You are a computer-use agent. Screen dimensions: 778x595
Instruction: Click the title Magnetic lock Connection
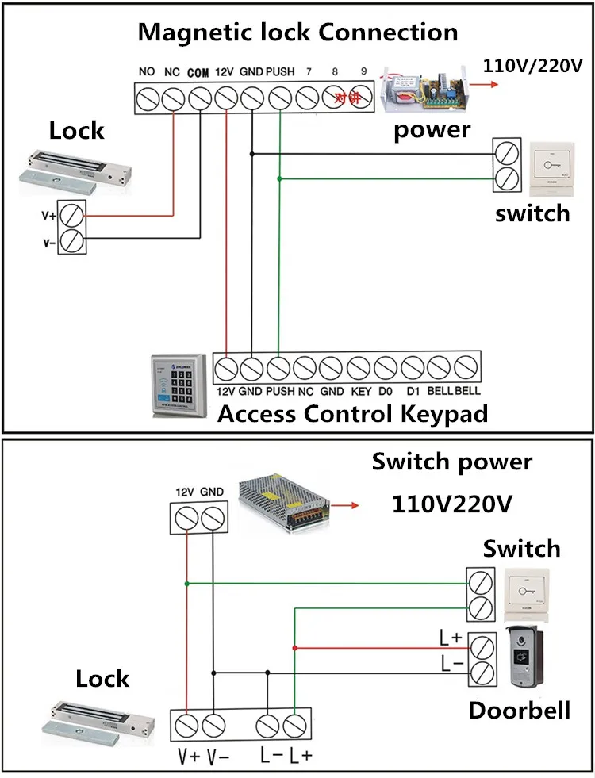pyautogui.click(x=297, y=33)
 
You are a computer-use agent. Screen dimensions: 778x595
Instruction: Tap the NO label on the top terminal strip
pyautogui.click(x=146, y=71)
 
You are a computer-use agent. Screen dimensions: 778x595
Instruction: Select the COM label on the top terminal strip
pyautogui.click(x=198, y=72)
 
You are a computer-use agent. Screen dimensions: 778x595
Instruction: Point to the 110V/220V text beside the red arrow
pyautogui.click(x=532, y=64)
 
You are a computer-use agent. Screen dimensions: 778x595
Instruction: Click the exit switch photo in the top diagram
pyautogui.click(x=549, y=167)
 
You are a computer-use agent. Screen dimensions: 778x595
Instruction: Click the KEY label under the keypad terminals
pyautogui.click(x=360, y=391)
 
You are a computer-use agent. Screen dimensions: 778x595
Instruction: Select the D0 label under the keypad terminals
pyautogui.click(x=386, y=391)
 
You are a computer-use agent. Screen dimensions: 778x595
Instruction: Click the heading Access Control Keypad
pyautogui.click(x=352, y=413)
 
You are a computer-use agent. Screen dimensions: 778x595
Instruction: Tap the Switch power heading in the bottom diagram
pyautogui.click(x=452, y=462)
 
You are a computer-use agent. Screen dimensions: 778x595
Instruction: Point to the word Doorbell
pyautogui.click(x=519, y=709)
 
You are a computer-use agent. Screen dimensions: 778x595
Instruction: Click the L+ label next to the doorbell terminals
pyautogui.click(x=451, y=636)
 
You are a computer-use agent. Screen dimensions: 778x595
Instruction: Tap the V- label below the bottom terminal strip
pyautogui.click(x=217, y=756)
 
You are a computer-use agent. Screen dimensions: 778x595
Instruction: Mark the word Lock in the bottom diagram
pyautogui.click(x=102, y=679)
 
